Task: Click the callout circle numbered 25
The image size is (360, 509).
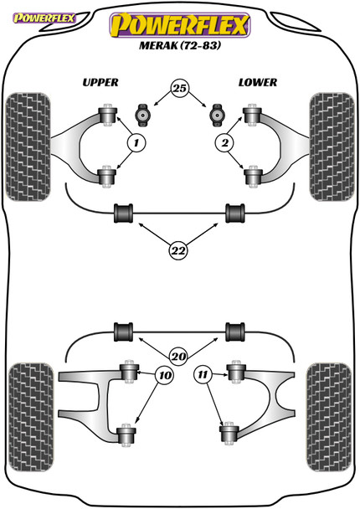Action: pyautogui.click(x=180, y=88)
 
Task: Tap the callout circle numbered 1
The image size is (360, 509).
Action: pyautogui.click(x=134, y=143)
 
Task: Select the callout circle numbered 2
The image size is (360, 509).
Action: pyautogui.click(x=224, y=143)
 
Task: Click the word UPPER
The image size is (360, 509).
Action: pyautogui.click(x=100, y=82)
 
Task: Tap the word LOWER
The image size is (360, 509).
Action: pyautogui.click(x=256, y=82)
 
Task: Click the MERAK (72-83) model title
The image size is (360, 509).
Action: pyautogui.click(x=180, y=46)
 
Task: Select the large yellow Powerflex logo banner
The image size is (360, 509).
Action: pyautogui.click(x=179, y=24)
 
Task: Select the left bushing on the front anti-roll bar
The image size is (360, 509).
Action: pyautogui.click(x=124, y=213)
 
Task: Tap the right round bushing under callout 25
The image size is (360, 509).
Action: pyautogui.click(x=217, y=112)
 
